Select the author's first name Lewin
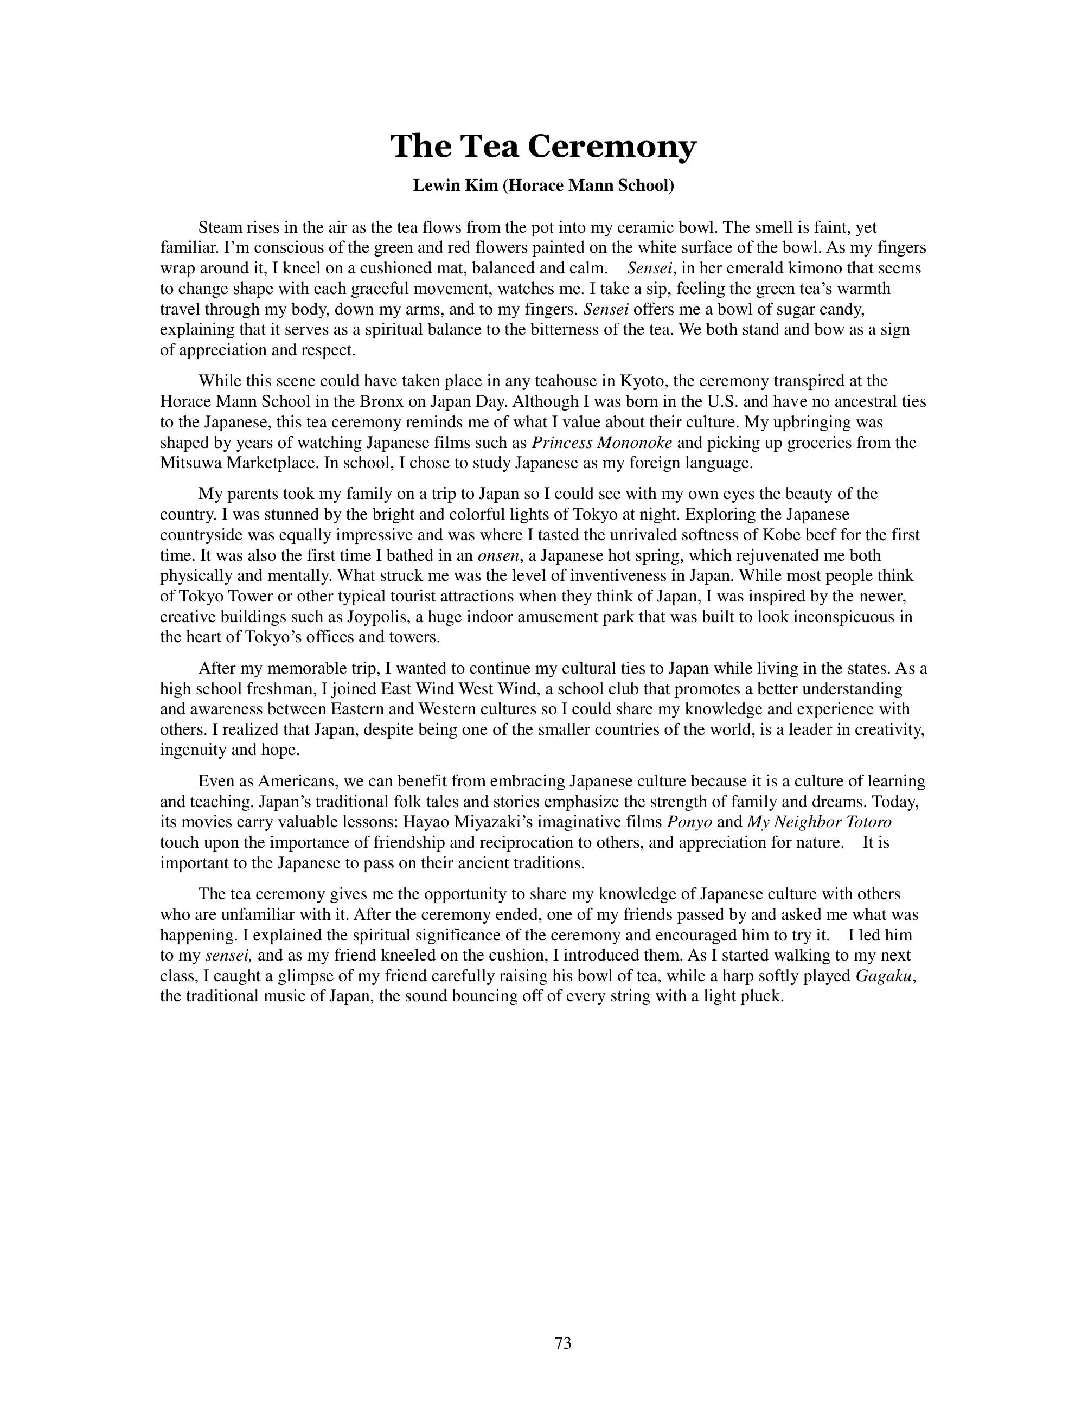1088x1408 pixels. [x=435, y=187]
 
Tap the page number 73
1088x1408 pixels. [x=562, y=1343]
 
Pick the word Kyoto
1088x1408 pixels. [x=641, y=381]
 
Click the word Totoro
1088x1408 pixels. [x=867, y=823]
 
